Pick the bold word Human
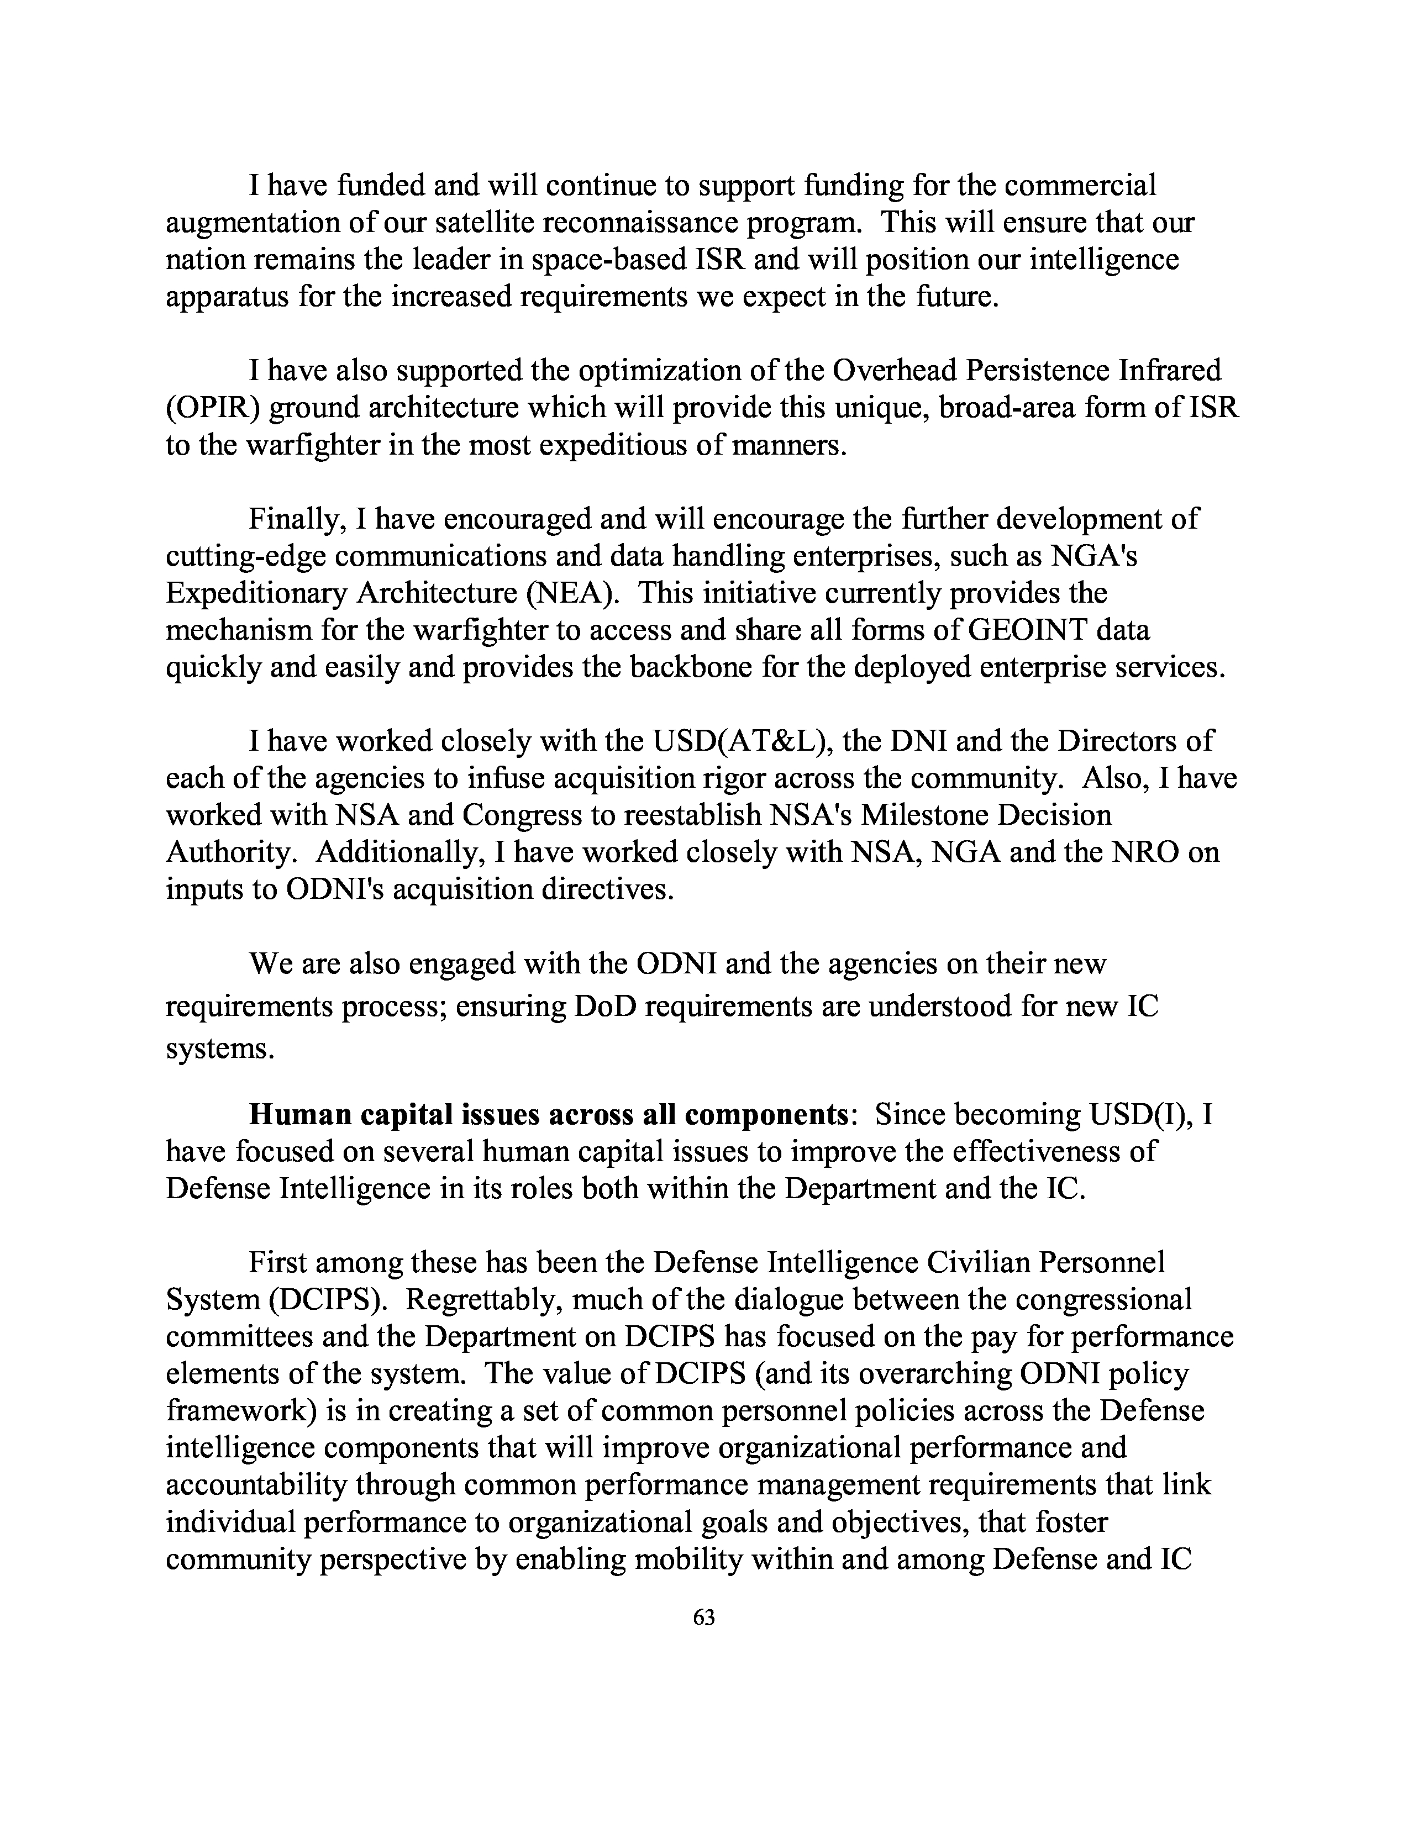(x=295, y=1115)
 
